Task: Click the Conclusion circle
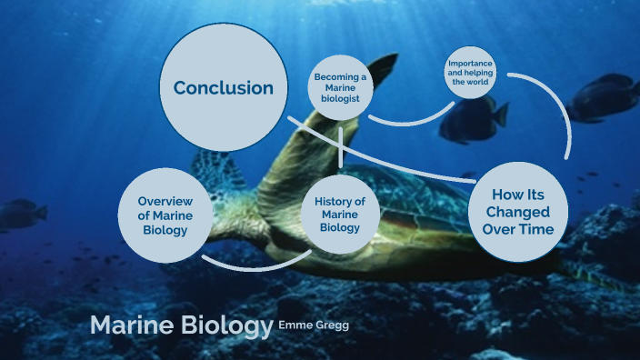point(223,88)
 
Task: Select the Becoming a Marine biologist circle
point(341,88)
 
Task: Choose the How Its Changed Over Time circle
point(517,213)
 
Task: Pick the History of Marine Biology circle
point(340,214)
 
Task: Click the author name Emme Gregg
point(313,325)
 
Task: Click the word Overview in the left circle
point(163,201)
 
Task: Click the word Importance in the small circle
point(471,65)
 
